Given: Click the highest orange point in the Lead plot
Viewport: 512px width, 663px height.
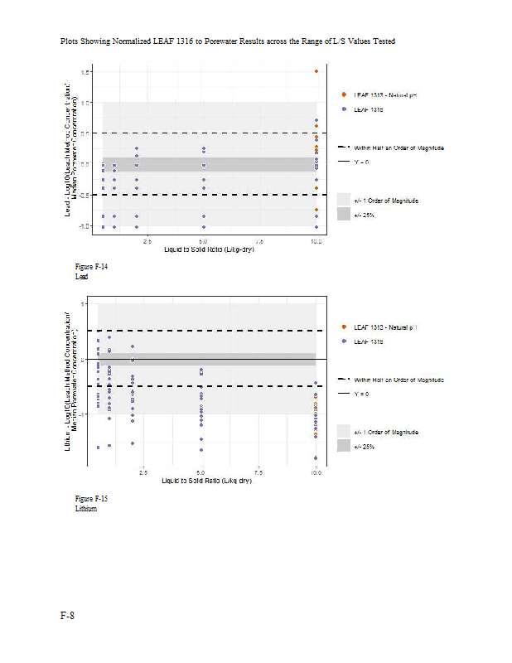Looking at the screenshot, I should (316, 71).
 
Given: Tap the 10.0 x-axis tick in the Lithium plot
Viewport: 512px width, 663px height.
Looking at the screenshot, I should (316, 472).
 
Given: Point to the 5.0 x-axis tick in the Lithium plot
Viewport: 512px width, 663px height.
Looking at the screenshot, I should (202, 472).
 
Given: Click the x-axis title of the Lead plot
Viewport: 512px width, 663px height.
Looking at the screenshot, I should (208, 249).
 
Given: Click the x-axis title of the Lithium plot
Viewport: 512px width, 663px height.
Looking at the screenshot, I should (206, 481).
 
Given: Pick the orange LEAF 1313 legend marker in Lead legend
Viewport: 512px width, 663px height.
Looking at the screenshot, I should (344, 95).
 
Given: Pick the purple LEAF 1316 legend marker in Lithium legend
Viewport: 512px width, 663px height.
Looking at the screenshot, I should (344, 341).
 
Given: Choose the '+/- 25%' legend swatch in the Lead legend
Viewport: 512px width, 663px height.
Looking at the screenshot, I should (344, 214).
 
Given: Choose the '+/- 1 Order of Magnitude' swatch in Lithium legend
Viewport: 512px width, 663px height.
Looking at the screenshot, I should (344, 432).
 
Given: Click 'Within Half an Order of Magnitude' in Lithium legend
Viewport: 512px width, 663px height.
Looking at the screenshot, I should (398, 380).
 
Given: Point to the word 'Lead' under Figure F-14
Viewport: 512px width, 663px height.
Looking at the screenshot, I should (81, 277).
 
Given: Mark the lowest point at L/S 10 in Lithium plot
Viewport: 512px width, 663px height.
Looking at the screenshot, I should (316, 457).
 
